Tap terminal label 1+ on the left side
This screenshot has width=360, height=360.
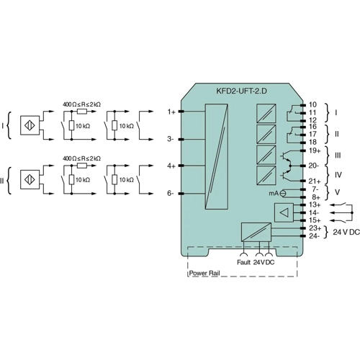(171, 112)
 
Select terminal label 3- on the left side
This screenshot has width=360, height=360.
(171, 138)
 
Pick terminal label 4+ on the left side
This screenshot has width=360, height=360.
(171, 166)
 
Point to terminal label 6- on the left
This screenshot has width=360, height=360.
(171, 194)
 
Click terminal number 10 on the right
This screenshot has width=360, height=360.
(313, 105)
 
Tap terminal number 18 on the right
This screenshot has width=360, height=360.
(313, 142)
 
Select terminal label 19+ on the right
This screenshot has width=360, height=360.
(315, 150)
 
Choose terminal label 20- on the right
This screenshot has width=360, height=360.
(315, 166)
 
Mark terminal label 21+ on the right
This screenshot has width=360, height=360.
(315, 181)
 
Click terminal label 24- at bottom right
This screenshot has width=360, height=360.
(314, 235)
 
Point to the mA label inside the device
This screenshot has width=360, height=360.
(274, 193)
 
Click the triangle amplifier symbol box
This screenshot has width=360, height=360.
(284, 212)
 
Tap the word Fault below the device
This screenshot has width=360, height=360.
(243, 261)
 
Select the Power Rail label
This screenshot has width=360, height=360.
(204, 274)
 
